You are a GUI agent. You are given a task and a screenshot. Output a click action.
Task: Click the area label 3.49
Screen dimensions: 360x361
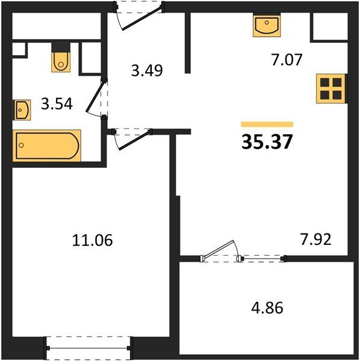tap(147, 70)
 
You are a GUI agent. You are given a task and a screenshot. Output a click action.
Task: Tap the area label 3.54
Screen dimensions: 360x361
tap(57, 104)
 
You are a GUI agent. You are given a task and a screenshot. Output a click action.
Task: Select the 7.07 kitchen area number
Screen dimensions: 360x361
tap(287, 60)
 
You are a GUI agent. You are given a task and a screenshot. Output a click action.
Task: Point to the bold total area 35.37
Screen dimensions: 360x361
tap(267, 141)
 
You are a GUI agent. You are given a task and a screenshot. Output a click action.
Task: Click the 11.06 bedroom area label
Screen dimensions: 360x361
tap(92, 240)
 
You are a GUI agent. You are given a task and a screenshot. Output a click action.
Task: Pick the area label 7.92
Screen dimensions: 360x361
tap(316, 239)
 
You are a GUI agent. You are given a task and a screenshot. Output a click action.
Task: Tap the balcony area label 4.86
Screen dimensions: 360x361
tap(267, 308)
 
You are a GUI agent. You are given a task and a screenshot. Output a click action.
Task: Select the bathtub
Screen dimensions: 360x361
tap(47, 146)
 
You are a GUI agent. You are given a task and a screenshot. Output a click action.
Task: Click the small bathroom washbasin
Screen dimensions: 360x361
tap(22, 110)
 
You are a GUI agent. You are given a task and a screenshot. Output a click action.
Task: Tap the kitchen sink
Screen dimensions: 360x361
tap(267, 25)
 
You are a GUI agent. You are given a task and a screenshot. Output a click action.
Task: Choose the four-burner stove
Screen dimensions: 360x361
tap(332, 88)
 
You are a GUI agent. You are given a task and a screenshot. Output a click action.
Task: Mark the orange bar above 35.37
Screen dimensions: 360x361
tap(267, 125)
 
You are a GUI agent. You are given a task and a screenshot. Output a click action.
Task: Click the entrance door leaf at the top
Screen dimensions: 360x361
tap(142, 18)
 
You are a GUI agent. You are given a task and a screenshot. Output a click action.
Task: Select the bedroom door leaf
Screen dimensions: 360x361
tap(135, 140)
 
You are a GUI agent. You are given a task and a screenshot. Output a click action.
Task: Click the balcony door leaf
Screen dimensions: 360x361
tap(219, 249)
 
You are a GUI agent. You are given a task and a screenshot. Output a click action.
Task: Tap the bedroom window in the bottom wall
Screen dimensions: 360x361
tap(88, 348)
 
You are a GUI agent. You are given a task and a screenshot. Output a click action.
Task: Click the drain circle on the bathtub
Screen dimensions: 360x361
tap(22, 145)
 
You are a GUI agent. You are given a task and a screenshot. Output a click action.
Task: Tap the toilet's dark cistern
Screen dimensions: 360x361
tap(61, 48)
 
